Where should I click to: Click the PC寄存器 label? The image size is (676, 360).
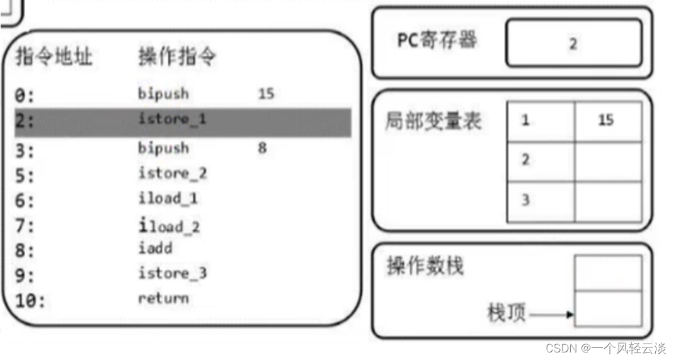pyautogui.click(x=437, y=40)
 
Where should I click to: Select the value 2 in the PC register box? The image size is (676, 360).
pyautogui.click(x=573, y=44)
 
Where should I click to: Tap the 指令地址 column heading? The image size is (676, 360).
pyautogui.click(x=54, y=57)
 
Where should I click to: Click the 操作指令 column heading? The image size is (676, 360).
pyautogui.click(x=177, y=57)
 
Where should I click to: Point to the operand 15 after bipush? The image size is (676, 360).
pyautogui.click(x=266, y=94)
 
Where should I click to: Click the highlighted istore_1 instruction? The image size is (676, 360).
pyautogui.click(x=172, y=119)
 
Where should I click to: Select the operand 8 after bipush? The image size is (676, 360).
pyautogui.click(x=262, y=148)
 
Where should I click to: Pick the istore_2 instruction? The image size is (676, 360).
pyautogui.click(x=173, y=173)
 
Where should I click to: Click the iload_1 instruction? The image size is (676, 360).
pyautogui.click(x=168, y=198)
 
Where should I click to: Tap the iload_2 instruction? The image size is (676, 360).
pyautogui.click(x=169, y=226)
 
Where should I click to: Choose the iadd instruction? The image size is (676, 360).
pyautogui.click(x=155, y=248)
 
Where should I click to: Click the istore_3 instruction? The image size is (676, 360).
pyautogui.click(x=173, y=273)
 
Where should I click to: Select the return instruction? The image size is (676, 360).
pyautogui.click(x=163, y=298)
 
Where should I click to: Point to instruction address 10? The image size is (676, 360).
pyautogui.click(x=30, y=301)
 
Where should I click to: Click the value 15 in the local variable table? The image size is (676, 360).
pyautogui.click(x=605, y=120)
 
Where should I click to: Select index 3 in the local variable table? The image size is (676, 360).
pyautogui.click(x=525, y=200)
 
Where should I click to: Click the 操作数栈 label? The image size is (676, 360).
pyautogui.click(x=425, y=265)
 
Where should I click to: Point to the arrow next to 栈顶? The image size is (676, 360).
pyautogui.click(x=552, y=315)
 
